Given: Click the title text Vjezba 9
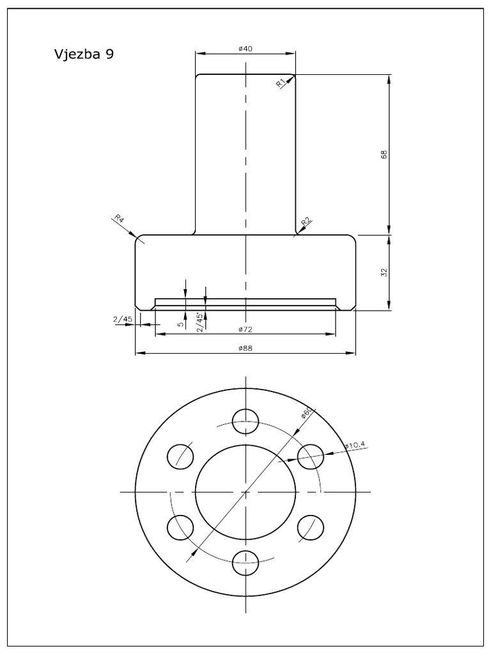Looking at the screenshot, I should (x=84, y=54).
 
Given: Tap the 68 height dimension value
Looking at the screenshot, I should (x=384, y=155).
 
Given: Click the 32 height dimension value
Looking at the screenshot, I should (x=384, y=272).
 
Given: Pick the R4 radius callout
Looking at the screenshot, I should (x=120, y=220).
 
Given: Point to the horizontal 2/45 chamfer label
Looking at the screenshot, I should (x=123, y=319).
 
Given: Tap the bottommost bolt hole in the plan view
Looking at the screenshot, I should (x=245, y=563).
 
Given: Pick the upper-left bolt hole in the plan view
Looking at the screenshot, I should (x=180, y=455).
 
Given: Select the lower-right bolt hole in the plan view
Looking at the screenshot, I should (x=311, y=527).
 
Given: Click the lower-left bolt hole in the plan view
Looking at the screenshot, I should (x=180, y=527).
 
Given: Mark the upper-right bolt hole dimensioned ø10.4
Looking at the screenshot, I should (x=311, y=455).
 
